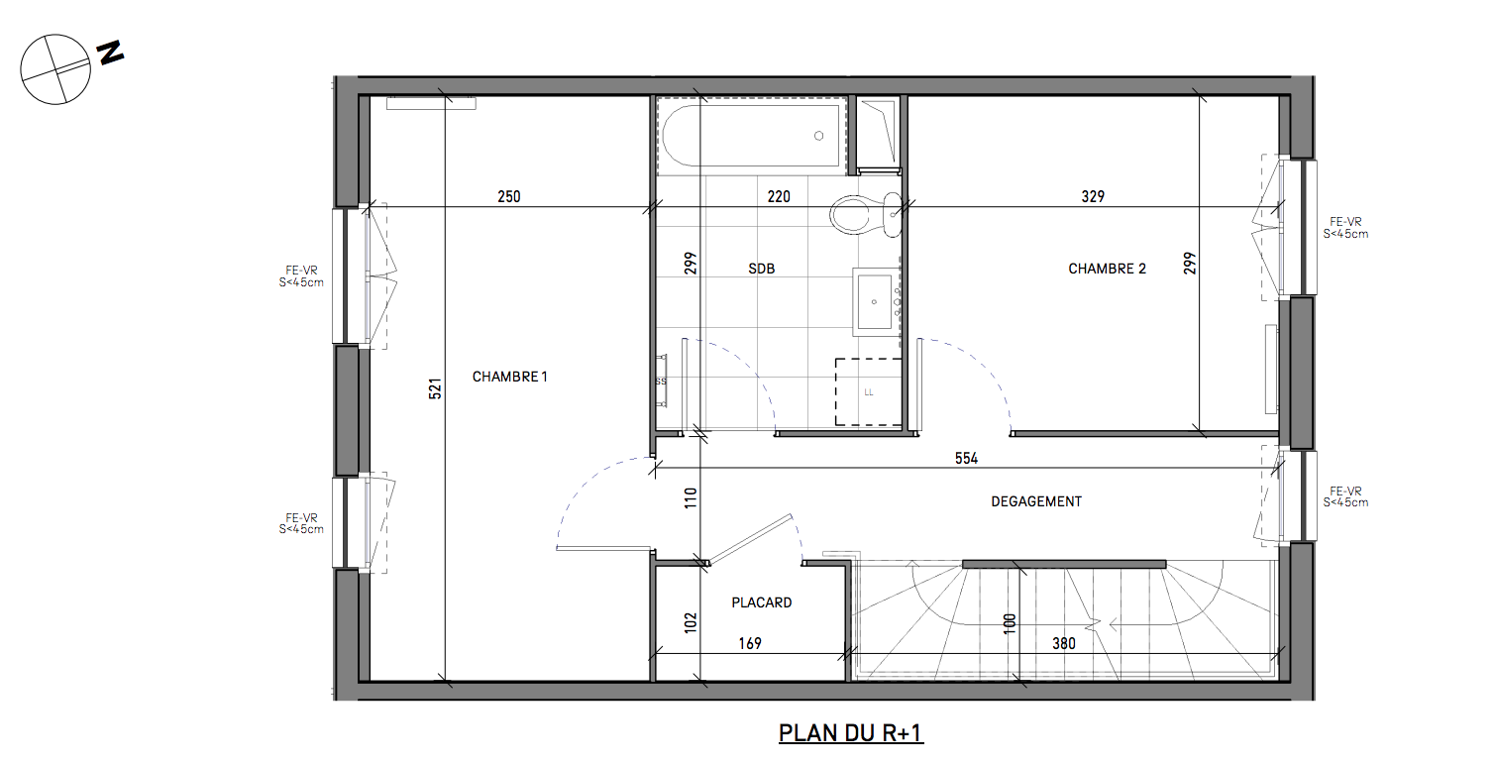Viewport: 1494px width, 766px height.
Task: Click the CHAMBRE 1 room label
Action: point(509,377)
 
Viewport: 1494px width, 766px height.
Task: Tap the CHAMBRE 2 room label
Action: point(1108,269)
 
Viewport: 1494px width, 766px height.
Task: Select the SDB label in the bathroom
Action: point(762,269)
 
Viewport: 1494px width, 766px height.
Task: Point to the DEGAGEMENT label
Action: point(1036,501)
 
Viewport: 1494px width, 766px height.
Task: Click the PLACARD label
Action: point(762,602)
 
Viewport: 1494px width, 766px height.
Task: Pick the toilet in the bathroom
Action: point(866,214)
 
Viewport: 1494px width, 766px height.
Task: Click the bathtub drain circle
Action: point(819,136)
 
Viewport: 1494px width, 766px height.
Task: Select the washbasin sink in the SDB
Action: point(875,302)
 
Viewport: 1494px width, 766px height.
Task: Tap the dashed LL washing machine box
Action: point(869,391)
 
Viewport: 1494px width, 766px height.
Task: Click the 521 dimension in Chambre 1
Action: point(436,389)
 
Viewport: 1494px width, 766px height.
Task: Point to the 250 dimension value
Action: point(509,197)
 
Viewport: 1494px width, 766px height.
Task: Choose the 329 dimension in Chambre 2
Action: point(1093,197)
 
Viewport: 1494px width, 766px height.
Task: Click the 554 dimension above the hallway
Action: point(966,459)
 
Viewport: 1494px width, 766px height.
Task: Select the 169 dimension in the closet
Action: point(750,644)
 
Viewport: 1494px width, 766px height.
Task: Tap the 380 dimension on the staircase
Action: point(1064,644)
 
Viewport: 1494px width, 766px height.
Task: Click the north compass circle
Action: point(55,69)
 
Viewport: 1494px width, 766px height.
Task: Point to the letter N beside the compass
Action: point(111,53)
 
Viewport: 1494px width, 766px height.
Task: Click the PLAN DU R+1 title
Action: point(851,733)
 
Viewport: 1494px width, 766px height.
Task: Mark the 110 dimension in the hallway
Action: point(691,497)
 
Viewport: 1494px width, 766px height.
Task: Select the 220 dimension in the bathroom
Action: point(779,197)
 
